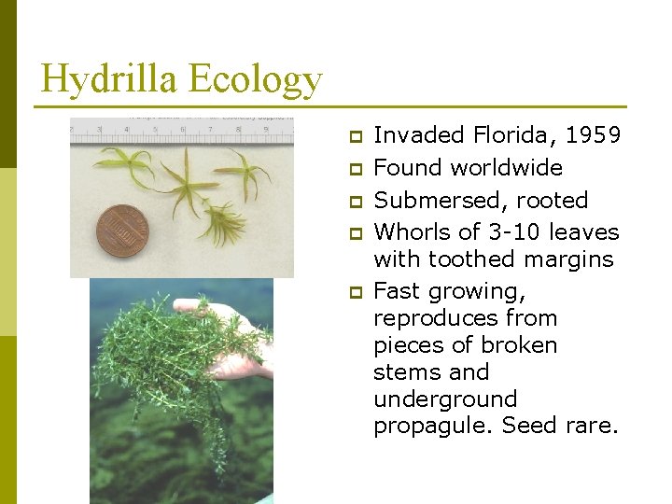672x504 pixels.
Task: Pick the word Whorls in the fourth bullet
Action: [408, 231]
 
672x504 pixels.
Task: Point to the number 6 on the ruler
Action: [183, 129]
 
